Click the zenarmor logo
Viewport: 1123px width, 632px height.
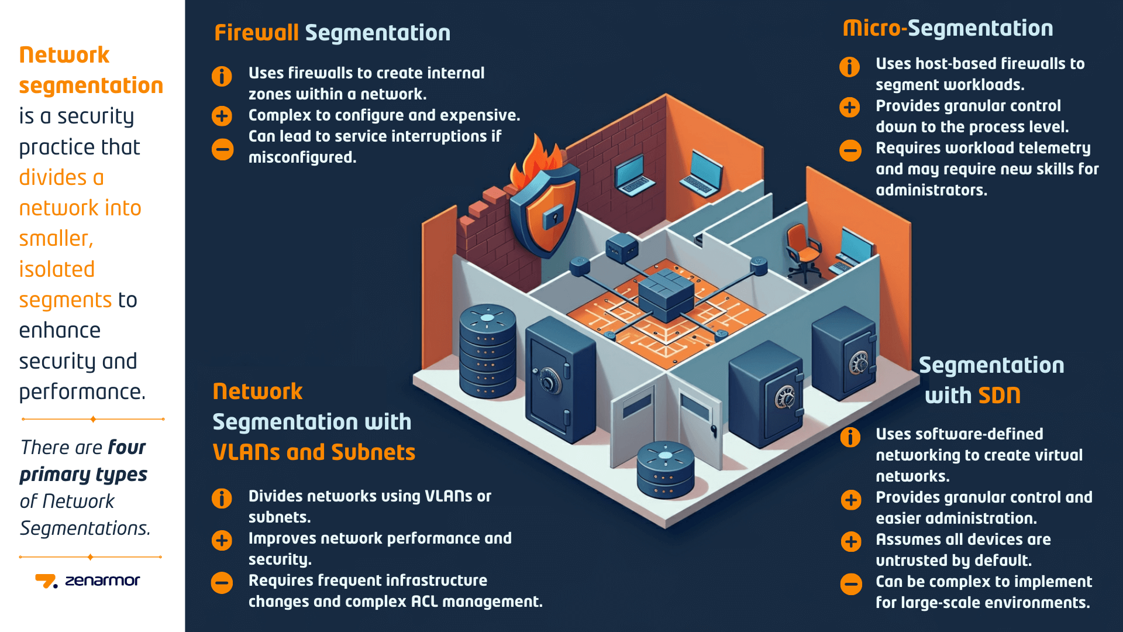(88, 581)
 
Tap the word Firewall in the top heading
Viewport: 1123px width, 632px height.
(256, 33)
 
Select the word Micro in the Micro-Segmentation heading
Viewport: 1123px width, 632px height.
(871, 28)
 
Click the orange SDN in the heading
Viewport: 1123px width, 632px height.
(999, 396)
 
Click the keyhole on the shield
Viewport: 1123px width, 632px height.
(552, 217)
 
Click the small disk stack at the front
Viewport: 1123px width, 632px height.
(665, 469)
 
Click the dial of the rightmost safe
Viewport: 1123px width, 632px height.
(859, 363)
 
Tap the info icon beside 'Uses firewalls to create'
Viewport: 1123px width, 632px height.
(222, 76)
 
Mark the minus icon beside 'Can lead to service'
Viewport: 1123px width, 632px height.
(222, 149)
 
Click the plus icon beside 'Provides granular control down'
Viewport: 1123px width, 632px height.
(850, 108)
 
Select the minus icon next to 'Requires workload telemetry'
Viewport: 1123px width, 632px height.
(850, 150)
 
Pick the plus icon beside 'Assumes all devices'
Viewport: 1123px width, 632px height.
(851, 541)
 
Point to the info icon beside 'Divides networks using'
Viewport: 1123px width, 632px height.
(222, 499)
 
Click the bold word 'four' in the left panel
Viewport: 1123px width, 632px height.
(126, 448)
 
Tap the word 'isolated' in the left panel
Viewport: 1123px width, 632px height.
(57, 269)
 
